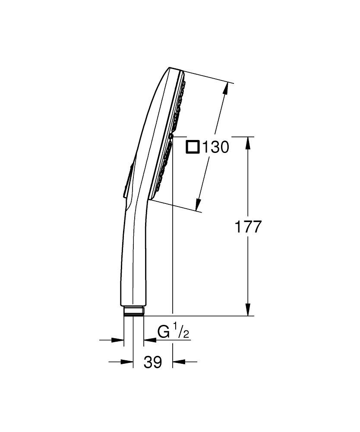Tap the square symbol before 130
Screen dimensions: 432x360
(x=193, y=147)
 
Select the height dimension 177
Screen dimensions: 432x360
(x=247, y=227)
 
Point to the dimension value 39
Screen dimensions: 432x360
(x=152, y=362)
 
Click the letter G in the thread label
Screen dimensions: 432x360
(x=164, y=333)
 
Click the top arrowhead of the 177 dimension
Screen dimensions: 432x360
(x=248, y=143)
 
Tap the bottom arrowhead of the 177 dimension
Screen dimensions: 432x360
(x=248, y=310)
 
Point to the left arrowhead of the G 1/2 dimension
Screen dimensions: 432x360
(x=119, y=340)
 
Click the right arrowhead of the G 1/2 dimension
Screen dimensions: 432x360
(x=148, y=340)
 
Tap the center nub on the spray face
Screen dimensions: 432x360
(x=171, y=136)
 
